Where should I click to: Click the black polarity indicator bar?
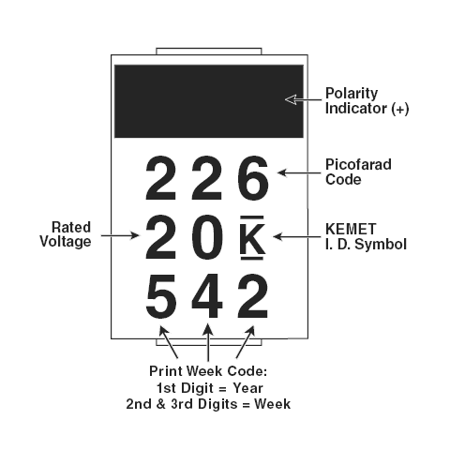tap(209, 101)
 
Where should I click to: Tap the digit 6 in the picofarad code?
tap(253, 178)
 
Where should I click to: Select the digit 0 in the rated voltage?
tap(207, 237)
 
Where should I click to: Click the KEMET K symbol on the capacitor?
tap(252, 237)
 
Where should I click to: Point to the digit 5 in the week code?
tap(161, 296)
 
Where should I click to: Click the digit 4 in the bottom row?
tap(207, 296)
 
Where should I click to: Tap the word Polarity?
tap(352, 94)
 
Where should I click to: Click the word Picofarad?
tap(358, 164)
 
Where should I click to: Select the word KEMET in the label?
tap(351, 229)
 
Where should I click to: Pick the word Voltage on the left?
tap(66, 242)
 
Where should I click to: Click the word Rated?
tap(71, 227)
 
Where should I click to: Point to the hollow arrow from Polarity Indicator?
tap(303, 100)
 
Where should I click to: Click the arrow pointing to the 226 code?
tap(299, 172)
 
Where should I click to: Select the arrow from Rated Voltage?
tap(120, 235)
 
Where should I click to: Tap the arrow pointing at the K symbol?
tap(297, 236)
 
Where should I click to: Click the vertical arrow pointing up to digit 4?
tap(208, 342)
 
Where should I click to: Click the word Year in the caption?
tap(247, 388)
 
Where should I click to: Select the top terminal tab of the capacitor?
tap(209, 52)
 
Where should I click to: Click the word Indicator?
tap(356, 108)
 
